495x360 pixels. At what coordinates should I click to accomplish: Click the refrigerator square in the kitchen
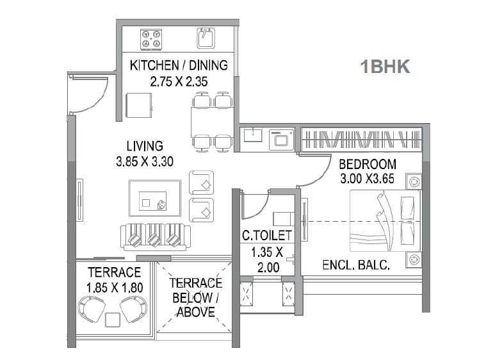point(139,105)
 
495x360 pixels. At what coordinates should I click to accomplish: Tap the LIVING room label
point(144,146)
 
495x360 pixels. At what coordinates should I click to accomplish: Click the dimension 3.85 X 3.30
point(144,162)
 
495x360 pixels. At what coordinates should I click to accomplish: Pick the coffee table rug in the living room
point(154,199)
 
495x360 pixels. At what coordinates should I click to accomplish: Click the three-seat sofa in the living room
point(153,238)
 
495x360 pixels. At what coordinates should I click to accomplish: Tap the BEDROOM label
point(368,164)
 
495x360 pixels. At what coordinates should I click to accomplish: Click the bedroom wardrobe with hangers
point(361,139)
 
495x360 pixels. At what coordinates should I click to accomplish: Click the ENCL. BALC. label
point(356,263)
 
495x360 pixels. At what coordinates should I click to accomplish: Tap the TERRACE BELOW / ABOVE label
point(195,297)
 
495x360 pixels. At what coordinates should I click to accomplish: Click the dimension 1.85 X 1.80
point(114,287)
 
